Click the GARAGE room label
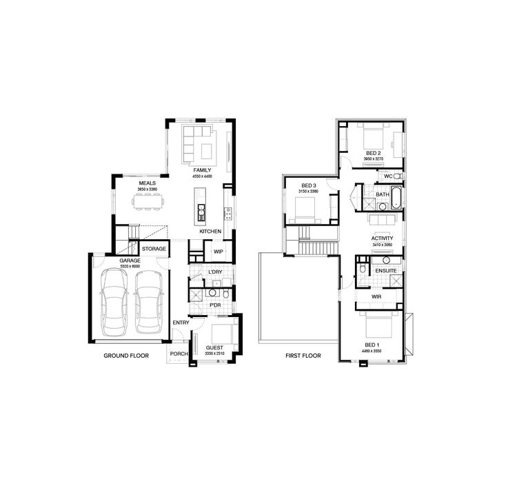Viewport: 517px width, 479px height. (130, 261)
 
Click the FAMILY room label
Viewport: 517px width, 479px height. (202, 170)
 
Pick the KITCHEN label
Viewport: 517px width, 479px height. (210, 232)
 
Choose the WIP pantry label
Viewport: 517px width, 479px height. (219, 252)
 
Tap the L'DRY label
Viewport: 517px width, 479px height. (214, 272)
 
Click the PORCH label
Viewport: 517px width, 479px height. (179, 355)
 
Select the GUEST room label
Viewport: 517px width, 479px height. (216, 348)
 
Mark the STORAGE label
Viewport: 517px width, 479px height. (154, 248)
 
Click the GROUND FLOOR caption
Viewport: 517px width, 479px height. (126, 356)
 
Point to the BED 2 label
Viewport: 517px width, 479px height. (373, 152)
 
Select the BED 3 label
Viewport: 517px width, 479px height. (309, 186)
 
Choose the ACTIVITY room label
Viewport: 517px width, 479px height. (381, 238)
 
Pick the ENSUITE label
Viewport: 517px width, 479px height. (386, 271)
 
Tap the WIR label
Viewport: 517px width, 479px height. (376, 296)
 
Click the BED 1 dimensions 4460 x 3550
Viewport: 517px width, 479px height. (372, 351)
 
